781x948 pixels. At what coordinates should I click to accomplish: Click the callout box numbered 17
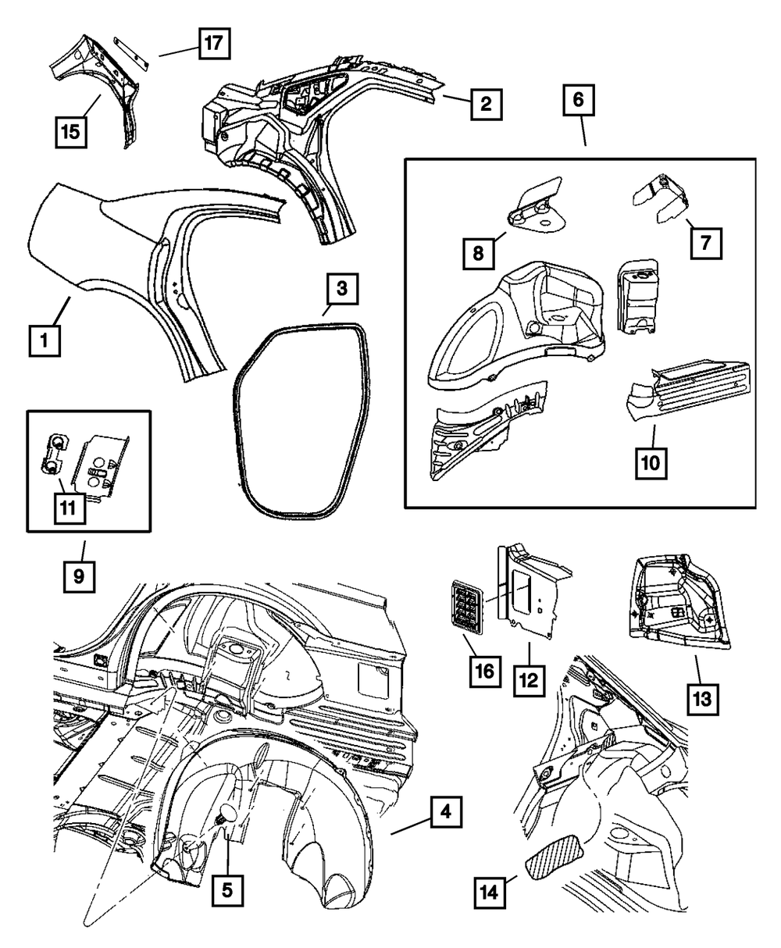(x=213, y=44)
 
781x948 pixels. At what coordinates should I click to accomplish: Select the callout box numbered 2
(x=485, y=104)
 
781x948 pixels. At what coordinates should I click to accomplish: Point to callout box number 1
(x=45, y=340)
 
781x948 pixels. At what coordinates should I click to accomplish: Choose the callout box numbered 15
(x=70, y=131)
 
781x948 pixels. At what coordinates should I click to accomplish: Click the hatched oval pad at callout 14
(x=557, y=864)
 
